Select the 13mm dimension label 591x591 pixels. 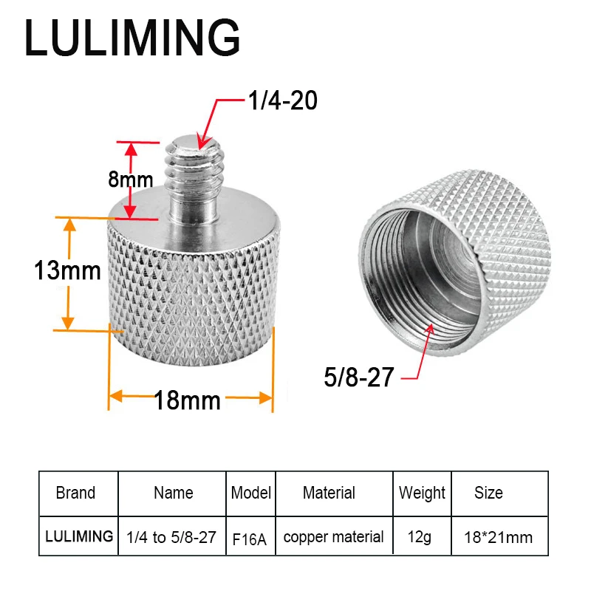tap(67, 271)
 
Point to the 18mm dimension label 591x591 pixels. tap(188, 400)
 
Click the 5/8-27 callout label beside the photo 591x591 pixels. tap(358, 378)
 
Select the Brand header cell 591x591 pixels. tap(75, 493)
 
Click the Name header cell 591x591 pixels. tap(173, 493)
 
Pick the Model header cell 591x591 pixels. tap(251, 493)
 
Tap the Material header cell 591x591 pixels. tap(329, 493)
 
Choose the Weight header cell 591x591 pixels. tap(423, 493)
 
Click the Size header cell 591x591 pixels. tap(488, 493)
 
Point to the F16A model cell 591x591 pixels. tap(251, 537)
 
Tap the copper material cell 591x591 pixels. tap(334, 537)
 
